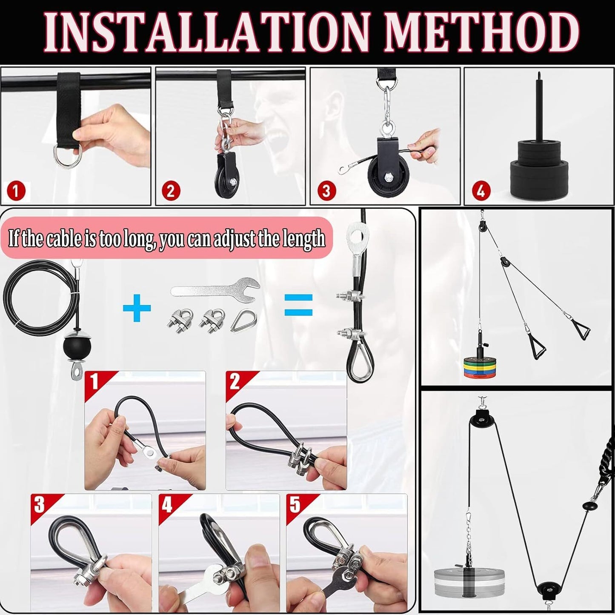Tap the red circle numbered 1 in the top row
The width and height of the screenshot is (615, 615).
click(16, 191)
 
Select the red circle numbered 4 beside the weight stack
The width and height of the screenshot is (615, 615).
click(480, 191)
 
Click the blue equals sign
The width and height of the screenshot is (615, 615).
click(298, 305)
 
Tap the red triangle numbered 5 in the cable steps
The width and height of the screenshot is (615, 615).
click(295, 505)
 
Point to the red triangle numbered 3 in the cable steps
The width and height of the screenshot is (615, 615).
click(40, 505)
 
